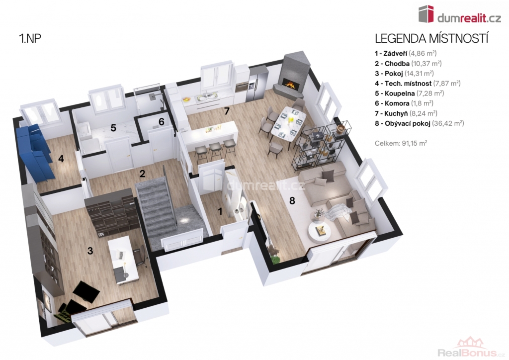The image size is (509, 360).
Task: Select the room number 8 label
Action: click(292, 200)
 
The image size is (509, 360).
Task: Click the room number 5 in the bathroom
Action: click(113, 128)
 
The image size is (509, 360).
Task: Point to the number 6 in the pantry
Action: click(161, 122)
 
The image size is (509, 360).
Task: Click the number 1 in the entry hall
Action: click(220, 212)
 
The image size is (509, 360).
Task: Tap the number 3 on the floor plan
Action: click(90, 251)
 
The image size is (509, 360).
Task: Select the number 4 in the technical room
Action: click(61, 159)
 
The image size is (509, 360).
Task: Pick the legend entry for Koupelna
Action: click(410, 93)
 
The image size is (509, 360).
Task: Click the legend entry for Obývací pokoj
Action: click(420, 123)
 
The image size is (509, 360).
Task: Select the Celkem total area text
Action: click(401, 143)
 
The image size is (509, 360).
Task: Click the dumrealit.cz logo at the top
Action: click(460, 14)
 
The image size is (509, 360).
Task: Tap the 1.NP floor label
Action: click(30, 38)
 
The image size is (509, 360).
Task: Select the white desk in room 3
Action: click(123, 260)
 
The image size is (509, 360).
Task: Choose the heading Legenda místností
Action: click(432, 38)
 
